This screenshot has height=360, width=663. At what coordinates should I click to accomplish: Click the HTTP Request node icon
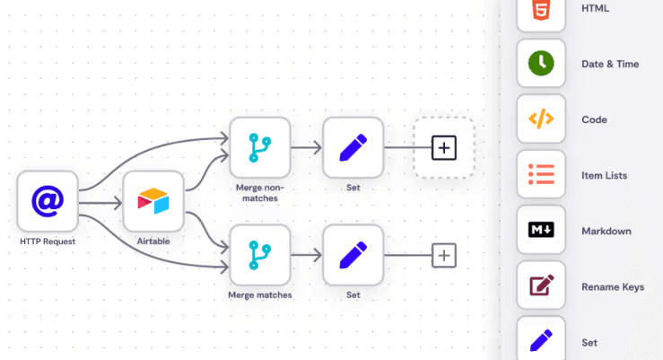click(48, 201)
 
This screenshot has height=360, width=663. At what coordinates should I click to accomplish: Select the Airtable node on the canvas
click(153, 201)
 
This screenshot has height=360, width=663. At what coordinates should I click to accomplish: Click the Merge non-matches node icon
click(259, 147)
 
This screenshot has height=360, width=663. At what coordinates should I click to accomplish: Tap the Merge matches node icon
click(259, 256)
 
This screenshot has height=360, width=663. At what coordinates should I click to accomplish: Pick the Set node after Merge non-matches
click(353, 147)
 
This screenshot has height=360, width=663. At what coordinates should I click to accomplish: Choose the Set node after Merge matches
click(353, 256)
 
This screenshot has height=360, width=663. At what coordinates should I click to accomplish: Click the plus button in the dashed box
click(443, 147)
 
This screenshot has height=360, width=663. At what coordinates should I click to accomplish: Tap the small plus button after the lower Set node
click(444, 256)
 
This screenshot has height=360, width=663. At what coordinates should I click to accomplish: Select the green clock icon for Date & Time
click(541, 64)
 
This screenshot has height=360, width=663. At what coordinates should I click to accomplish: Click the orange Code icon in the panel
click(541, 119)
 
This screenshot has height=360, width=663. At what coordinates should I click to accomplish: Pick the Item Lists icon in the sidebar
click(541, 175)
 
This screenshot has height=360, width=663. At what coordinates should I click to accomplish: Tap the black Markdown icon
click(541, 231)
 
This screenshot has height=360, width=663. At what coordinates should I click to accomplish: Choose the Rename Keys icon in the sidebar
click(541, 286)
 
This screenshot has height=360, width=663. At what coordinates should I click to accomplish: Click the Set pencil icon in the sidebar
click(541, 340)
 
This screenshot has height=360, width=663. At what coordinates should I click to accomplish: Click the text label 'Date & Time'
click(610, 65)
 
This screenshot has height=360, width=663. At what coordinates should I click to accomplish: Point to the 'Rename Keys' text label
click(613, 287)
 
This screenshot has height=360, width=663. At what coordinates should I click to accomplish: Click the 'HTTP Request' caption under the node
click(48, 242)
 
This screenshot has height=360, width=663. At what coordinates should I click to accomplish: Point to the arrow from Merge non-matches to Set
click(307, 148)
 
